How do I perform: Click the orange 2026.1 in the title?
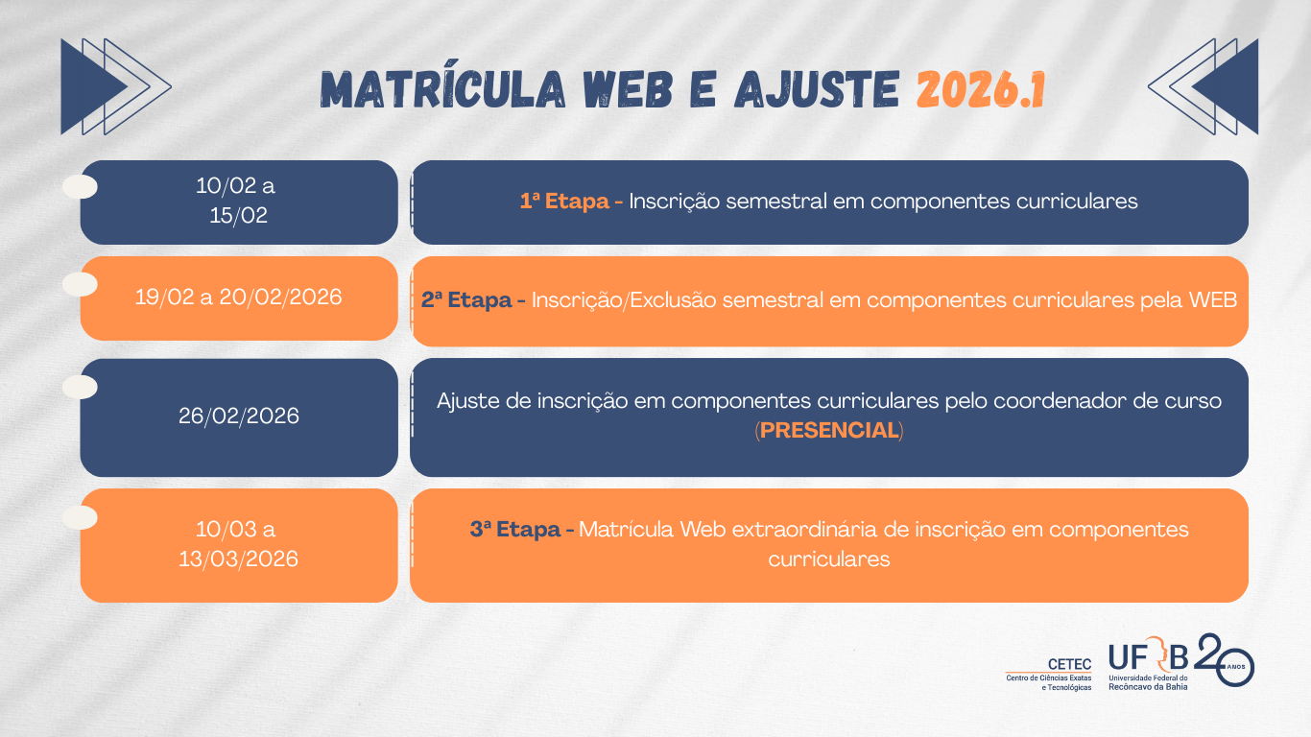click(x=980, y=90)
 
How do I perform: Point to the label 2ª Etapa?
click(x=466, y=300)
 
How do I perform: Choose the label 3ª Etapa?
click(x=515, y=530)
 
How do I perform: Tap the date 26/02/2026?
click(x=239, y=416)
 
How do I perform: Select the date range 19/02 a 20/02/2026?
click(x=239, y=297)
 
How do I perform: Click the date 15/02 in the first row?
click(x=239, y=216)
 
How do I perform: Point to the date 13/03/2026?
click(x=239, y=559)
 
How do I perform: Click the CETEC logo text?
click(x=1069, y=664)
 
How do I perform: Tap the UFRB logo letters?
click(x=1148, y=656)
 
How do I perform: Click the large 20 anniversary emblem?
click(x=1225, y=659)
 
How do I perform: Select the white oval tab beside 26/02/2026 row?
click(x=80, y=387)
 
